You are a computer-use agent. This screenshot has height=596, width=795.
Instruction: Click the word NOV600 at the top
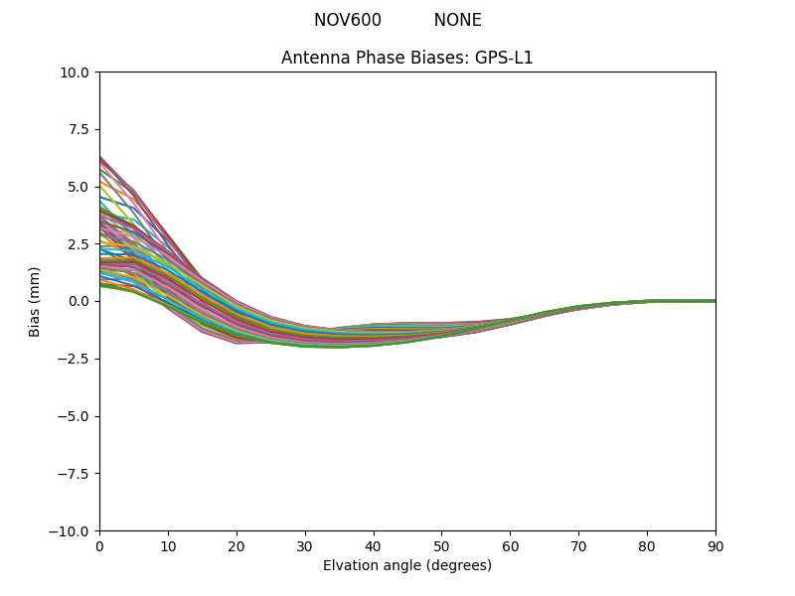point(348,20)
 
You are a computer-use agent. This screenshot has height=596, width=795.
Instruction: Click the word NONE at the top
point(457,20)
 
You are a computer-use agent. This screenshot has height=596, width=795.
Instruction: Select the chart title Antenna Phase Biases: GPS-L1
point(407,58)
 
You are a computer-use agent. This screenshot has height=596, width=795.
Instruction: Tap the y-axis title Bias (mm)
point(35,301)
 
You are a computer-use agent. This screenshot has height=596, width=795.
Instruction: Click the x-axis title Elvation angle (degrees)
point(407,565)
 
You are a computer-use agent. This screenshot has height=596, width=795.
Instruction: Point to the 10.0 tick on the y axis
point(79,73)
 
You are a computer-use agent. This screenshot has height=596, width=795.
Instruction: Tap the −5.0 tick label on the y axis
point(78,416)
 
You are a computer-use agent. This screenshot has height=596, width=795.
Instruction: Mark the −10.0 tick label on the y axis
point(74,530)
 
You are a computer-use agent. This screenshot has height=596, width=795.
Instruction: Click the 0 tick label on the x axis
point(99,545)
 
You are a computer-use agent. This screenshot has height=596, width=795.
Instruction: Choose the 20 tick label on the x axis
point(237,545)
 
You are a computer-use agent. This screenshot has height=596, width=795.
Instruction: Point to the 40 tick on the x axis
point(374,545)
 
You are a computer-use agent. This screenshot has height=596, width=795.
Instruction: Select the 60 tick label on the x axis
point(510,545)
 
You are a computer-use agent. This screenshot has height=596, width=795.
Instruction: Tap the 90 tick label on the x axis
point(715,545)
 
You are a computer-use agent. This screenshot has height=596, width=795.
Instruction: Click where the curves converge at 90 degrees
point(715,301)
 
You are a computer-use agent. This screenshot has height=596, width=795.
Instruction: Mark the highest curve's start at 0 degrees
point(100,157)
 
